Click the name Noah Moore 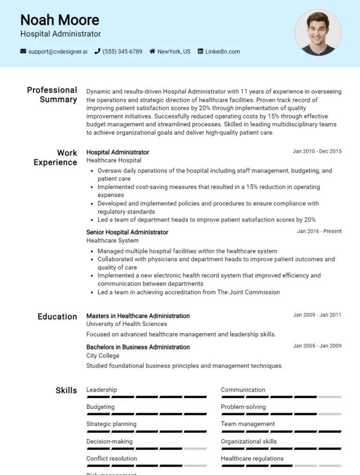[x=60, y=20]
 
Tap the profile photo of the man [x=318, y=32]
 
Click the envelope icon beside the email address [x=23, y=52]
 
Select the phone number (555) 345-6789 [x=122, y=52]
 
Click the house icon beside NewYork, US [x=152, y=52]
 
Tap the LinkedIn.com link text [x=222, y=52]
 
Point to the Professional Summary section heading [x=52, y=95]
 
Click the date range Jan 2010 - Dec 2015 [x=317, y=151]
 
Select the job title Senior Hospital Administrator [x=127, y=232]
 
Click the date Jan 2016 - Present [x=319, y=231]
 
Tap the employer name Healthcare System [x=112, y=240]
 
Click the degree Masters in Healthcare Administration [x=138, y=316]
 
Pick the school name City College [x=103, y=356]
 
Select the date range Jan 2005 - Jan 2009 [x=317, y=346]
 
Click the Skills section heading [x=66, y=391]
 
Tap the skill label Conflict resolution [x=112, y=459]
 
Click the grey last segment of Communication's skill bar [x=330, y=397]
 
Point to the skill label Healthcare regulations [x=252, y=459]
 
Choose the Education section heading [x=57, y=317]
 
